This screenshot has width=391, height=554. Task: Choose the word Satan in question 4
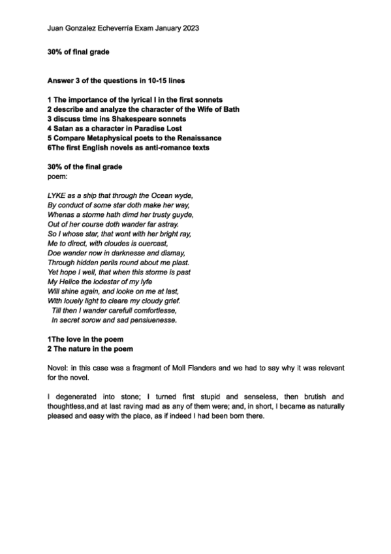(x=63, y=129)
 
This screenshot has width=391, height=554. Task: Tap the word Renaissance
(x=196, y=138)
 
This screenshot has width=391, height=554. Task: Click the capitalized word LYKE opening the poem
(x=57, y=195)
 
